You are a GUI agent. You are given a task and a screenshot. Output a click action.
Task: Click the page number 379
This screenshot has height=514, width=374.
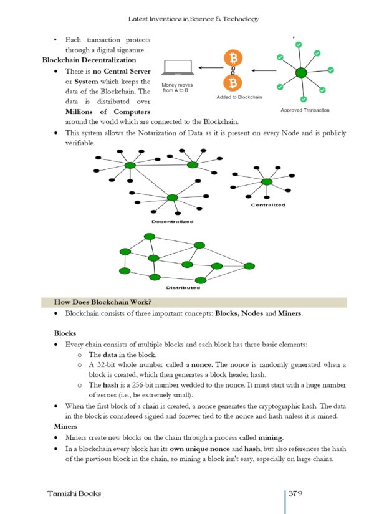[x=295, y=493]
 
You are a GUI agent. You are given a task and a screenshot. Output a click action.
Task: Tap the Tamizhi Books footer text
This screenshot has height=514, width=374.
[x=74, y=493]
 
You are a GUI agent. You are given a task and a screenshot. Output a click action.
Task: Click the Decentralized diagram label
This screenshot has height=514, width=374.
[x=172, y=221]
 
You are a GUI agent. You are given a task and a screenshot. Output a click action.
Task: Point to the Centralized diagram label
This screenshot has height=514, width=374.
[x=268, y=205]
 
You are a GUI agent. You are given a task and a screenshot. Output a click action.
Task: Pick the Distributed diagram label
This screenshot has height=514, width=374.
[x=183, y=288]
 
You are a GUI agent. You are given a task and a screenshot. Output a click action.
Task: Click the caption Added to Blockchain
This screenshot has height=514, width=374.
[x=239, y=98]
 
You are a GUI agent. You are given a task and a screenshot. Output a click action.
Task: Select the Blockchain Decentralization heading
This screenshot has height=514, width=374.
[x=89, y=60]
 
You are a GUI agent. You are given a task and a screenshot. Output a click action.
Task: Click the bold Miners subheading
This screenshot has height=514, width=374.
[x=65, y=426]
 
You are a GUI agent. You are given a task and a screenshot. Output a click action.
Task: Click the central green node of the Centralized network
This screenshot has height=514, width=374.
[x=267, y=181]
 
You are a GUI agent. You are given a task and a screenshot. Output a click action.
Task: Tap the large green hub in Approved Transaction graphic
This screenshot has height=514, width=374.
[x=301, y=73]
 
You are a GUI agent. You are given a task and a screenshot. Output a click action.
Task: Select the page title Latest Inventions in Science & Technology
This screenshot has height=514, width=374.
[x=193, y=19]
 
